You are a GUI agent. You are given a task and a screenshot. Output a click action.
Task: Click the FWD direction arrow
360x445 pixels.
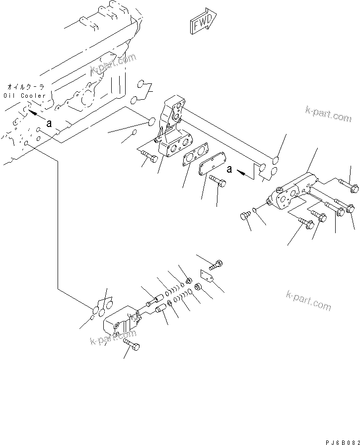point(202,23)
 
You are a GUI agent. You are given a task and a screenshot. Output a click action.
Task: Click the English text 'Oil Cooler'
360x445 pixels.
point(24,95)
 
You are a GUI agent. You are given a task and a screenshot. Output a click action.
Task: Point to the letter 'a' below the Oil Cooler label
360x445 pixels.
point(49,124)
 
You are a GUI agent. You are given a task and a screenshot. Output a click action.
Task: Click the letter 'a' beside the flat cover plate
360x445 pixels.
point(229,169)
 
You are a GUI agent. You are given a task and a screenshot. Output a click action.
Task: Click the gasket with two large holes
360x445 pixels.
point(196,155)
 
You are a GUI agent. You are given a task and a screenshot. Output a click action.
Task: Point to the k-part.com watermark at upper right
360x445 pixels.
point(328,115)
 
